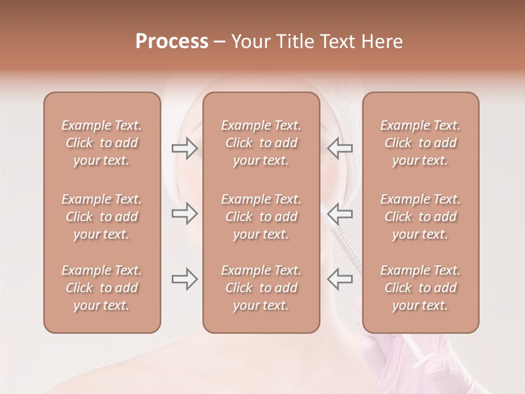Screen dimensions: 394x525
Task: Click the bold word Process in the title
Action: [172, 42]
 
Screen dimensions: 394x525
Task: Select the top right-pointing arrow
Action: [184, 148]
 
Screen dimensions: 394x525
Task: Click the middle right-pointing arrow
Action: [184, 213]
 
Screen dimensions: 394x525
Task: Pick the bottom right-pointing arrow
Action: [184, 279]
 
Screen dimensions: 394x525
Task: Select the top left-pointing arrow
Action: [340, 148]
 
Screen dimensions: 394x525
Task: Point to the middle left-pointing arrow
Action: [340, 213]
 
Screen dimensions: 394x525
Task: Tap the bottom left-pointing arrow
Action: [340, 279]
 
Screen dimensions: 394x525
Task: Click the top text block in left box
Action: [102, 143]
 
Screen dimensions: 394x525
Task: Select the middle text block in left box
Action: [102, 217]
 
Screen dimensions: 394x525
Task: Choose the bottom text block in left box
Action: [102, 288]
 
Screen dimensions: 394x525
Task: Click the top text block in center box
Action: [261, 143]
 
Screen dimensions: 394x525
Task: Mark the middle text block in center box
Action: [261, 217]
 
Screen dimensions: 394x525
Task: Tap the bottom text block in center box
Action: [261, 288]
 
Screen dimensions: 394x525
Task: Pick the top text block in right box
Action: [420, 143]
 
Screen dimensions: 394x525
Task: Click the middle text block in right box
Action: [420, 217]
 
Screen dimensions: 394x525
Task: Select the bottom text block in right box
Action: [420, 288]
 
